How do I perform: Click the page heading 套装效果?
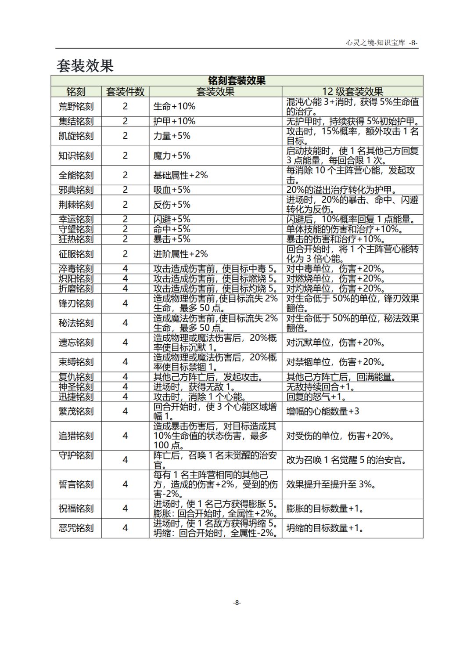tap(85, 65)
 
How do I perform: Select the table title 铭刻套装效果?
tap(237, 80)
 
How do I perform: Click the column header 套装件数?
tap(125, 91)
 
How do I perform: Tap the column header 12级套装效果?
tap(352, 91)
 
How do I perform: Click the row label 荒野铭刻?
tap(76, 106)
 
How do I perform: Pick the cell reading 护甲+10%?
tap(174, 121)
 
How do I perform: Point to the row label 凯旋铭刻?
tap(76, 136)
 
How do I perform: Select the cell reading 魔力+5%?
tap(172, 155)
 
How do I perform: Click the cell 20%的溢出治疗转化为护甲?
tap(341, 190)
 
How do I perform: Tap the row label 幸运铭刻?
tap(76, 219)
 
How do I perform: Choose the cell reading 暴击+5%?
tap(172, 239)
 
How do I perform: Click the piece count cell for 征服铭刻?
tap(125, 254)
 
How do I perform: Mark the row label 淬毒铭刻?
tap(76, 268)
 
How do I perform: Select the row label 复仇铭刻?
tap(76, 377)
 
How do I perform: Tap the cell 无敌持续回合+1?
tap(321, 387)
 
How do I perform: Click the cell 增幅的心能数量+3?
tap(323, 411)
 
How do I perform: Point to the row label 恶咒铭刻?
tap(76, 528)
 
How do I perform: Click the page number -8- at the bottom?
tap(237, 602)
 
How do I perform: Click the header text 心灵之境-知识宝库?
tap(375, 43)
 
